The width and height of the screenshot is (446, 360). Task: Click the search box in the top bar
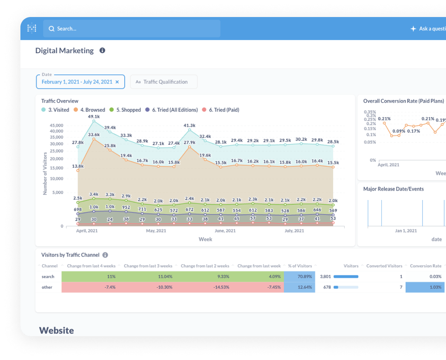tap(132, 29)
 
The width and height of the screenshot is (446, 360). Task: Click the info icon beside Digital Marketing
tap(102, 50)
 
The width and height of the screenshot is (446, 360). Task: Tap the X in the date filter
tap(117, 82)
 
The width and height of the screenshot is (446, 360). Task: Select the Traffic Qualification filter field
tap(164, 82)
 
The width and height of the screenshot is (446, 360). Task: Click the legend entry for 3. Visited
tap(55, 110)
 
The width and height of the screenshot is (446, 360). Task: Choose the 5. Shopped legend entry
tap(125, 110)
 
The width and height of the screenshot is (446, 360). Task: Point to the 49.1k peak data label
tap(94, 116)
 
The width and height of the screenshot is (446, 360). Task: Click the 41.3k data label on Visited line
tap(189, 125)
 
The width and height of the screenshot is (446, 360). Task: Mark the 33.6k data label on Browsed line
tap(94, 134)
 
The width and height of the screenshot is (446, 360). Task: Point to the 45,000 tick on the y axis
tap(56, 126)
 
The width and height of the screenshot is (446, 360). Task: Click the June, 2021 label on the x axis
tap(225, 231)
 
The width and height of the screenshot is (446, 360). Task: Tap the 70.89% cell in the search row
tap(299, 277)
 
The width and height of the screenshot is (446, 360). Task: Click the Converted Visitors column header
tap(384, 266)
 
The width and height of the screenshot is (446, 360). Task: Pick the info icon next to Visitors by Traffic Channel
tap(105, 255)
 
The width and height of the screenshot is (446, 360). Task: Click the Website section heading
tap(56, 330)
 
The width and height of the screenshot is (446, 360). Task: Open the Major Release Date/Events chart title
tap(393, 189)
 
